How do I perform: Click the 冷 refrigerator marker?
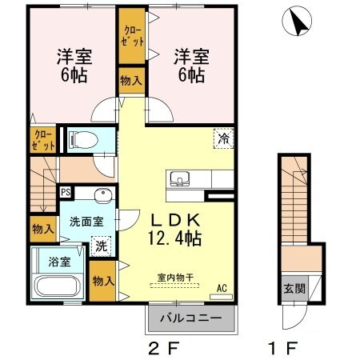tap(224, 138)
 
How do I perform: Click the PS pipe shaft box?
tap(66, 193)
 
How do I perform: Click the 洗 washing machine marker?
tap(102, 246)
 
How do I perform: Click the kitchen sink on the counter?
tap(179, 178)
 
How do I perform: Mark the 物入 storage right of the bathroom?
tap(102, 281)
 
